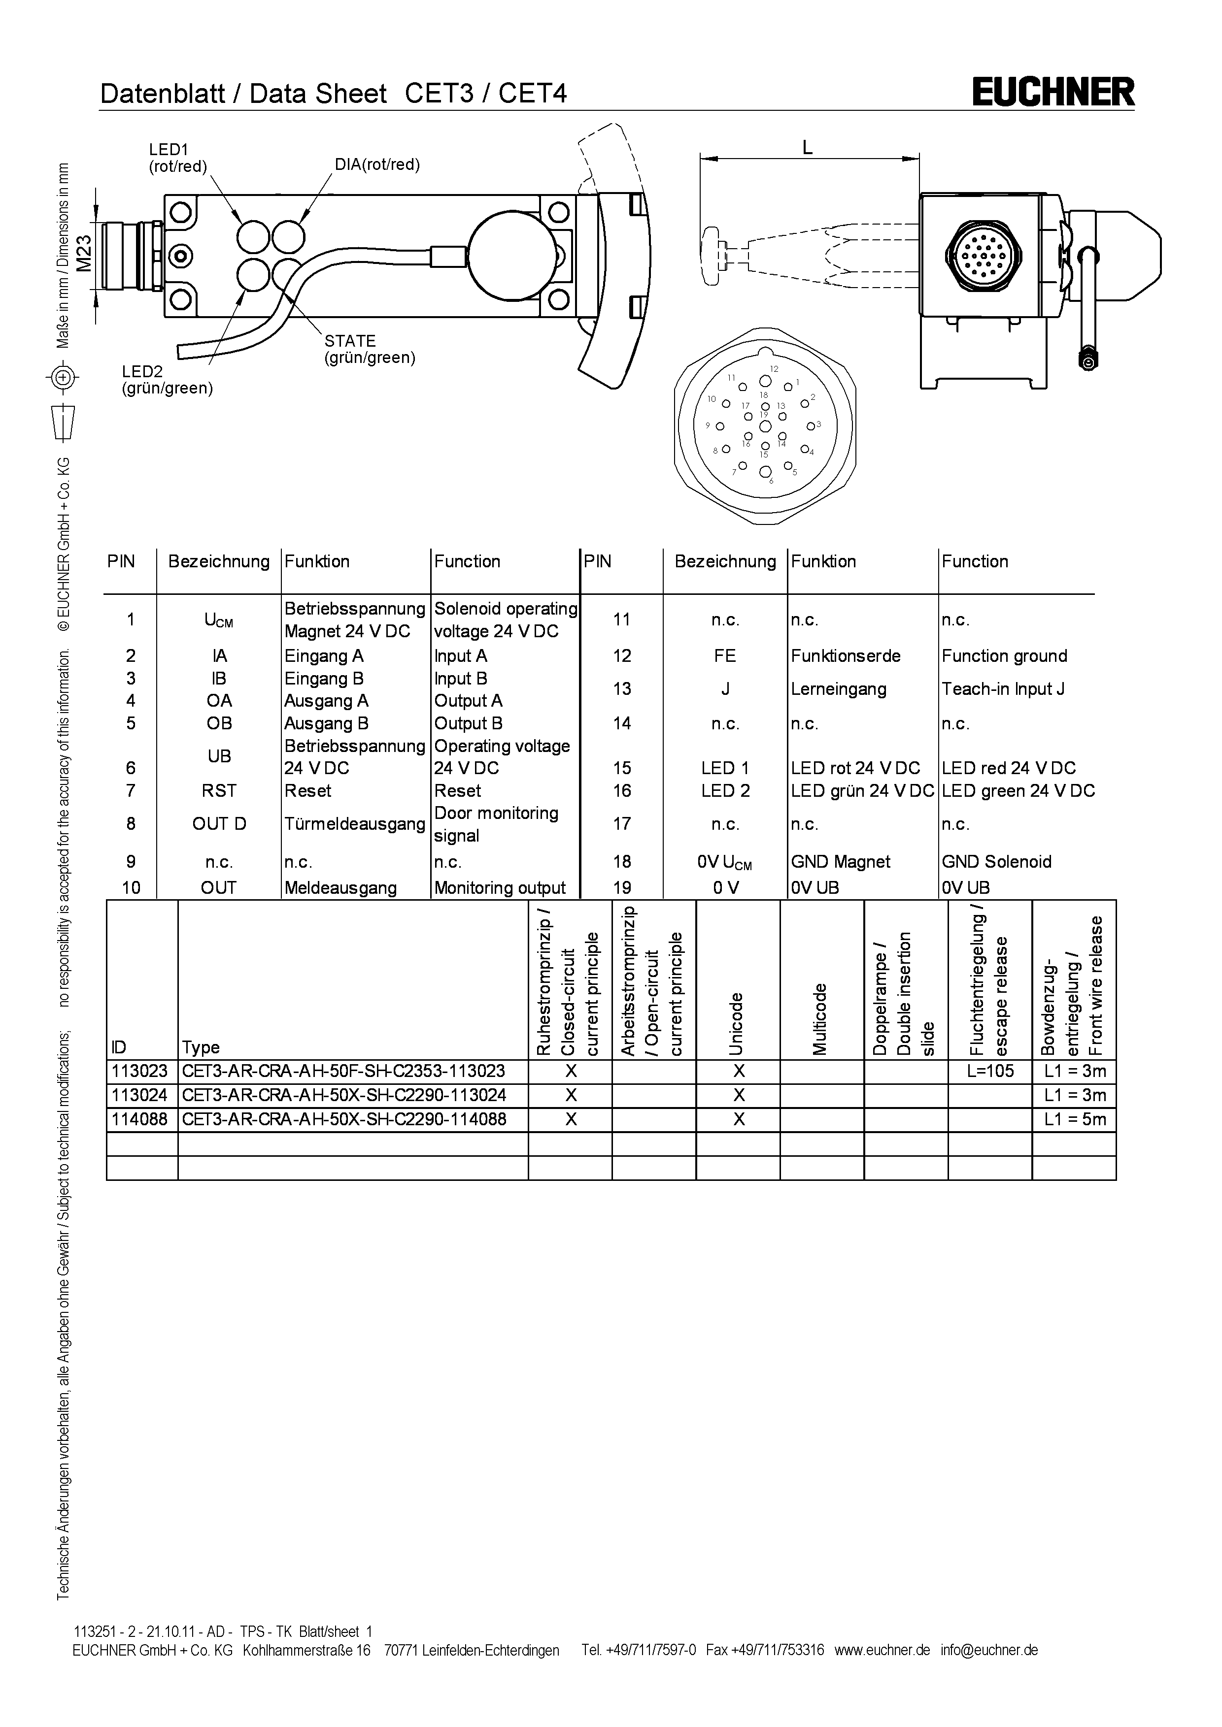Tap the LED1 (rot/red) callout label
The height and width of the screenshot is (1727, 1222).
point(177,158)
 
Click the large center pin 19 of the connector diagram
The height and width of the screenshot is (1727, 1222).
point(765,426)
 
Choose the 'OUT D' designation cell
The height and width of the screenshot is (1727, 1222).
point(219,824)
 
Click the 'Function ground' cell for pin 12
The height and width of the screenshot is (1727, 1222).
point(1004,656)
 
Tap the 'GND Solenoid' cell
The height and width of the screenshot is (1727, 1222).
point(996,861)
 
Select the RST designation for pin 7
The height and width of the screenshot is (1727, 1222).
point(219,790)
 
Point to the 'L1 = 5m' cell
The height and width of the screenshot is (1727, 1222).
point(1075,1119)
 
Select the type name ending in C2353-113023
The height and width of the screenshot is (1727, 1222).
point(343,1071)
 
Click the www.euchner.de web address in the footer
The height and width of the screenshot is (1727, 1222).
point(882,1650)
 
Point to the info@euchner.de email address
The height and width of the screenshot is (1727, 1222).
point(989,1650)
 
